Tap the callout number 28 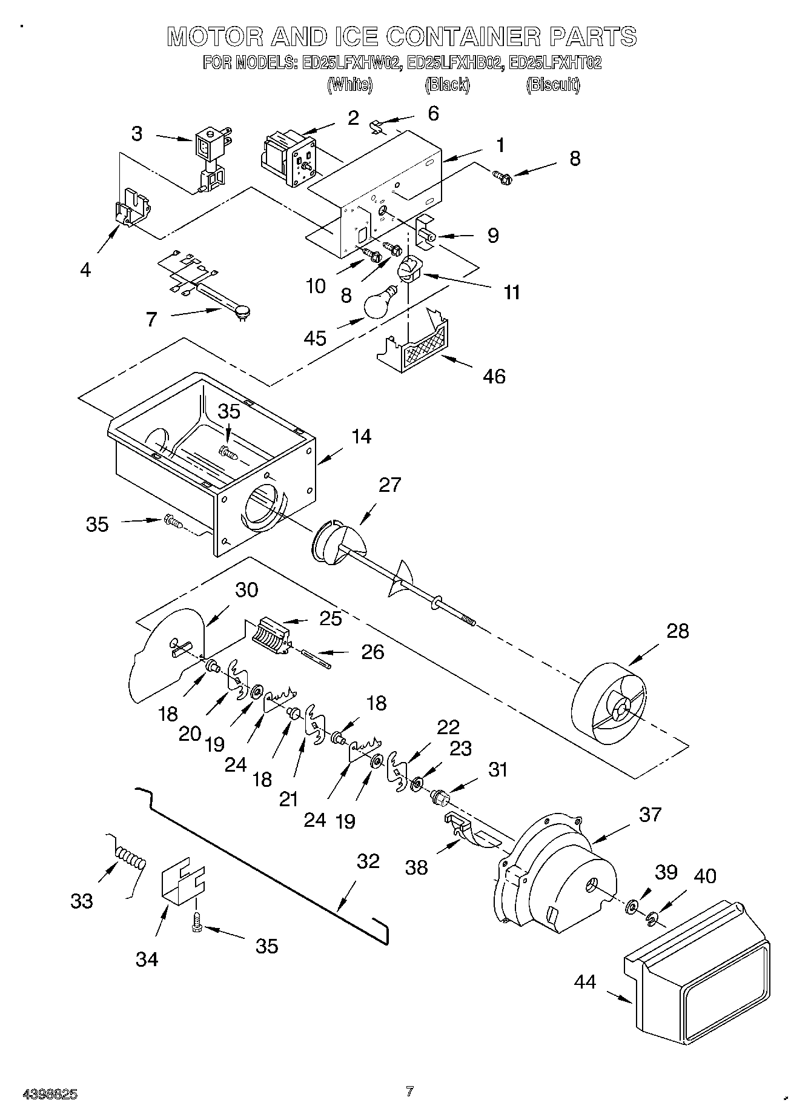click(677, 631)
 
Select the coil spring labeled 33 click(131, 859)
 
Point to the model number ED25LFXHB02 click(455, 63)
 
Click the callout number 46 click(494, 376)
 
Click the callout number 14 click(362, 436)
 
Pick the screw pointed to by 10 click(368, 255)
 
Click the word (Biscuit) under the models click(552, 85)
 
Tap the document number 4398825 click(50, 1094)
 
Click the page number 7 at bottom click(410, 1092)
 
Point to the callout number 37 click(650, 814)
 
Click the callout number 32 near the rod click(368, 861)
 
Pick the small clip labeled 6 click(377, 126)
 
